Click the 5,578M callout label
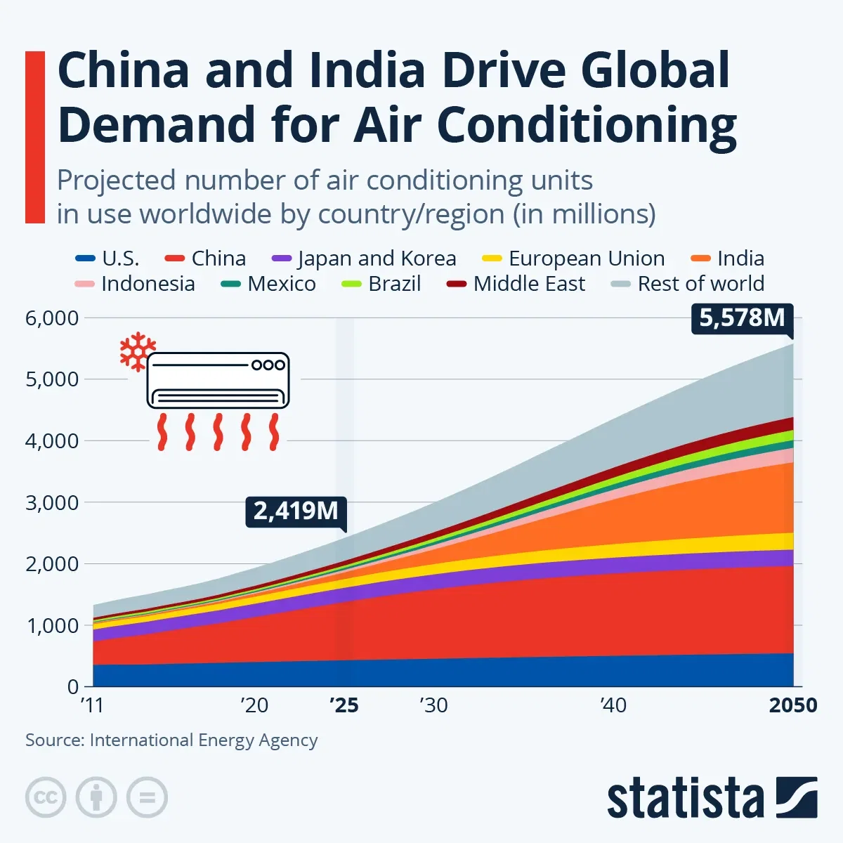pyautogui.click(x=742, y=318)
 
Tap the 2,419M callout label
pyautogui.click(x=296, y=511)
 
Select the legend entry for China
pyautogui.click(x=206, y=259)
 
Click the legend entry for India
pyautogui.click(x=728, y=259)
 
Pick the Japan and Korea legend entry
pyautogui.click(x=364, y=259)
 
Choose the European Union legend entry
pyautogui.click(x=573, y=259)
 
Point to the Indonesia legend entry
pyautogui.click(x=135, y=284)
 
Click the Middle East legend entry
pyautogui.click(x=516, y=284)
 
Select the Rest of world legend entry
pyautogui.click(x=688, y=284)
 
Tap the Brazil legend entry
pyautogui.click(x=381, y=284)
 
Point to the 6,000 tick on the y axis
pyautogui.click(x=52, y=318)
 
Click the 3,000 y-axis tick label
pyautogui.click(x=52, y=503)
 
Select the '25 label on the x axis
pyautogui.click(x=344, y=705)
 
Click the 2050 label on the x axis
pyautogui.click(x=793, y=705)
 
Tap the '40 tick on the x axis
pyautogui.click(x=613, y=705)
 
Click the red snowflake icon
pyautogui.click(x=137, y=351)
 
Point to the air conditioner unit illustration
pyautogui.click(x=218, y=381)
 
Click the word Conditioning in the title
pyautogui.click(x=587, y=125)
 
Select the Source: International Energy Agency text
pyautogui.click(x=171, y=740)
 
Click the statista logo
pyautogui.click(x=712, y=798)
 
